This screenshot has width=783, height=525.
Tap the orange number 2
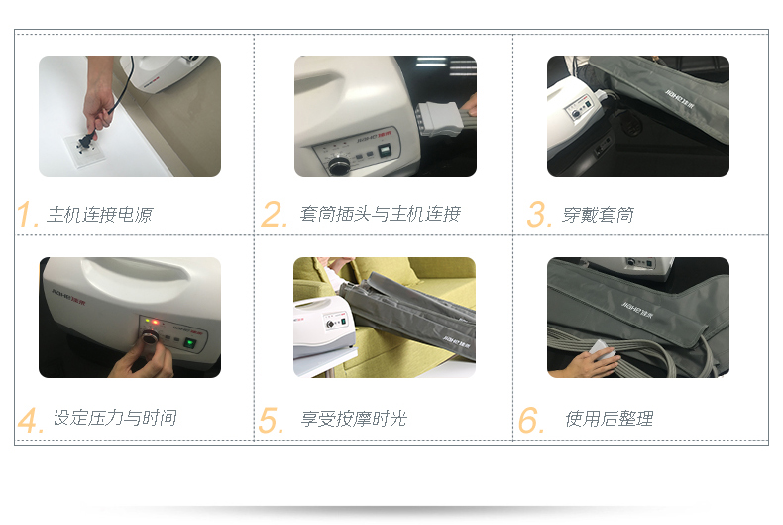pyautogui.click(x=273, y=214)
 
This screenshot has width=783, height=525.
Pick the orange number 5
pyautogui.click(x=271, y=420)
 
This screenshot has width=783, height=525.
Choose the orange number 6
pyautogui.click(x=530, y=420)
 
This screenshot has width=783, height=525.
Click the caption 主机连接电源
pyautogui.click(x=99, y=215)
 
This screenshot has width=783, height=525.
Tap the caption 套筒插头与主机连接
pyautogui.click(x=380, y=215)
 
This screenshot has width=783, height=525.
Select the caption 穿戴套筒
pyautogui.click(x=599, y=215)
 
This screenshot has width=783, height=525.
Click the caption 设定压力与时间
pyautogui.click(x=115, y=418)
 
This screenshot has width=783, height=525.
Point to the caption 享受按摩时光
pyautogui.click(x=354, y=419)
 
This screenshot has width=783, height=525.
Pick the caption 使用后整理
pyautogui.click(x=610, y=419)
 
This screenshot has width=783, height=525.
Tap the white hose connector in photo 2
pyautogui.click(x=437, y=119)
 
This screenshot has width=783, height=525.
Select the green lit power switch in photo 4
pyautogui.click(x=189, y=343)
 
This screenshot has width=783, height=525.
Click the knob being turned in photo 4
pyautogui.click(x=150, y=336)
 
